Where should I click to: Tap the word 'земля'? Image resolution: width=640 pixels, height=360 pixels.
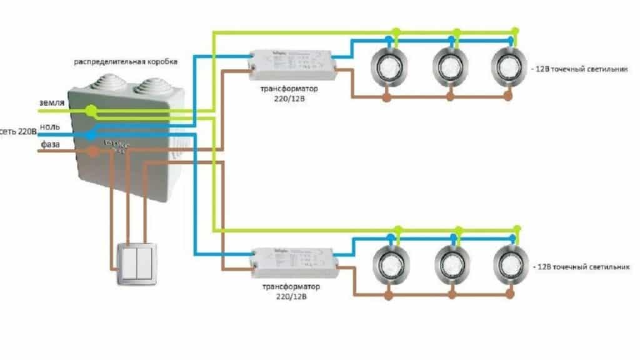click(51, 103)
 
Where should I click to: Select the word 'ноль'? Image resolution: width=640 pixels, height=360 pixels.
click(50, 126)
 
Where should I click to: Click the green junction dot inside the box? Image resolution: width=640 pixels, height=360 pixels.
click(91, 111)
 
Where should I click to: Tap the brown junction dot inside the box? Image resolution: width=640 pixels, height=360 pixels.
click(93, 151)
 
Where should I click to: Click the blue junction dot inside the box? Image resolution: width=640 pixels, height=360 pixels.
click(91, 133)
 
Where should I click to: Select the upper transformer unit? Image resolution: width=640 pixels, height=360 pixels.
click(291, 62)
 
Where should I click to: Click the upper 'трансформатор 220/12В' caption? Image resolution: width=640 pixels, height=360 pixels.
click(289, 94)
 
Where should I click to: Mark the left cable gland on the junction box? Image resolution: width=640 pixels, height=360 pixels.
click(103, 85)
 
